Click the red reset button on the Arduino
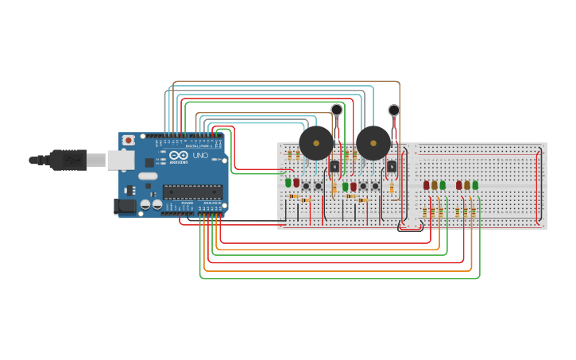[x=129, y=141]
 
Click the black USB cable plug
[x=68, y=160]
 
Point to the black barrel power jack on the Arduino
[x=126, y=207]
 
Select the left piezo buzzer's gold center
[x=315, y=144]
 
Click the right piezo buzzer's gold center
[x=373, y=144]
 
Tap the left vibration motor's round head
[x=337, y=110]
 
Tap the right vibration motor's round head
[x=394, y=110]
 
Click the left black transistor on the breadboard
[x=334, y=166]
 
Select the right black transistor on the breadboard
[x=392, y=166]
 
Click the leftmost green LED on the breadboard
[x=288, y=183]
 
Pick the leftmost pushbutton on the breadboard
[x=306, y=186]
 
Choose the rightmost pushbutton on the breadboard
[x=375, y=186]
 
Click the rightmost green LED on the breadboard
[x=475, y=185]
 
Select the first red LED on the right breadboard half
[x=427, y=185]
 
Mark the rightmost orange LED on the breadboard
[x=467, y=185]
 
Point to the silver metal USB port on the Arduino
[x=121, y=160]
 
